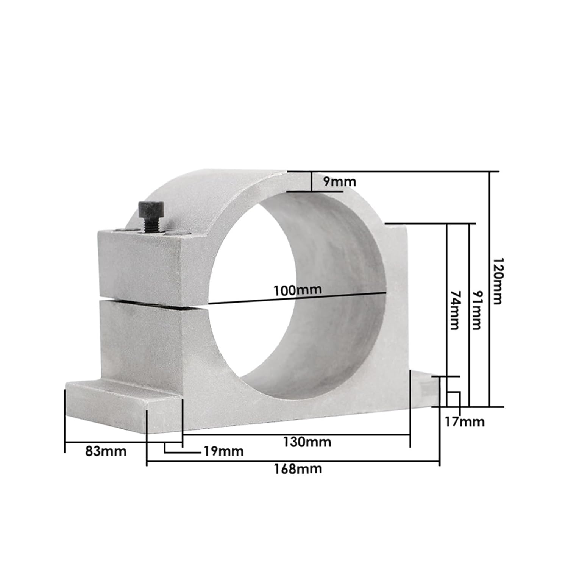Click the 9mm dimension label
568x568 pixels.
[340, 182]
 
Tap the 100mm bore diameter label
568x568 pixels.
[297, 290]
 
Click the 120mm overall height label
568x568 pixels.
[498, 281]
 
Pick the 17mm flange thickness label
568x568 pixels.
[464, 422]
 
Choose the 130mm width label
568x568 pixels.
[307, 442]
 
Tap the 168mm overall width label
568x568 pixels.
[298, 469]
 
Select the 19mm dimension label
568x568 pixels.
[223, 451]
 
